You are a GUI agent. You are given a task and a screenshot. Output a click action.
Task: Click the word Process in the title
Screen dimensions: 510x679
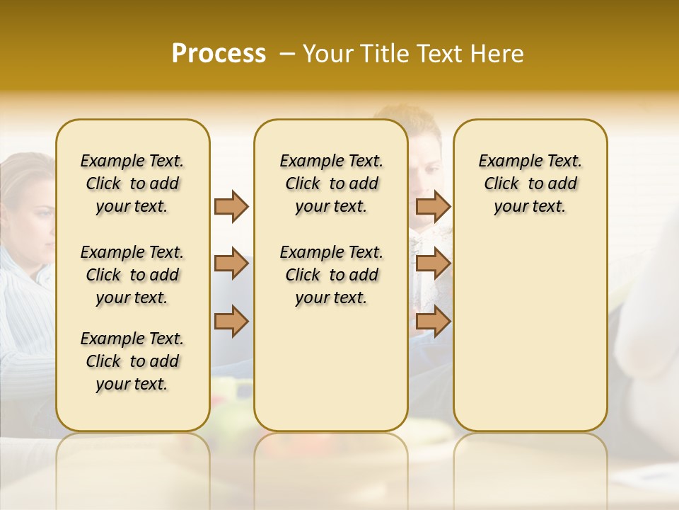click(x=219, y=53)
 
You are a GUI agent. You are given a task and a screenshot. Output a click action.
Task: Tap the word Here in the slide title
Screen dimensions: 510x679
click(x=496, y=54)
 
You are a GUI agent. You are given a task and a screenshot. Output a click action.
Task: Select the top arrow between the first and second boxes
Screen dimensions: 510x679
click(x=231, y=206)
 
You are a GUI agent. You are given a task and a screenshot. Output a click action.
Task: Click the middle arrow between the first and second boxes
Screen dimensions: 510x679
click(x=231, y=264)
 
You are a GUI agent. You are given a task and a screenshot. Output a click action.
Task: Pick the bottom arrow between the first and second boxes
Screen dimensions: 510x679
click(x=231, y=321)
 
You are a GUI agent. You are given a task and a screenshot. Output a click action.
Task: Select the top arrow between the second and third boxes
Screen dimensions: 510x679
click(x=433, y=206)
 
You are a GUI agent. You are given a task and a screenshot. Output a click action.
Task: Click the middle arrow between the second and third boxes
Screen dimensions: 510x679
click(x=433, y=264)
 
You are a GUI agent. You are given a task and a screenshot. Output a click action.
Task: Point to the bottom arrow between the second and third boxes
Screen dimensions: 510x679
click(x=433, y=321)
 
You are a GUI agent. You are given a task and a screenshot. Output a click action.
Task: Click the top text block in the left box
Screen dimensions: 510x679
click(x=132, y=183)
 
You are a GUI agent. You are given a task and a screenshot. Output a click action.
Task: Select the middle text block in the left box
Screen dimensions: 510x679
click(x=132, y=275)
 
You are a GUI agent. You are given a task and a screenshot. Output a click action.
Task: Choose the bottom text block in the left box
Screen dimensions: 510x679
click(x=132, y=361)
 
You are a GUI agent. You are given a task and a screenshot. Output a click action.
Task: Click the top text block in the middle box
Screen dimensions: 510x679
click(x=331, y=183)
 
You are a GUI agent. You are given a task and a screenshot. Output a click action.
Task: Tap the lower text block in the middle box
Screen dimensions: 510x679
click(x=331, y=275)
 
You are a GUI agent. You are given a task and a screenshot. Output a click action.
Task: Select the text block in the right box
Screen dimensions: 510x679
click(x=530, y=183)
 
